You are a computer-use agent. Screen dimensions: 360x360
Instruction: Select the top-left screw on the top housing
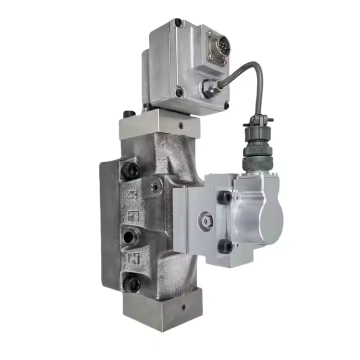[177, 23]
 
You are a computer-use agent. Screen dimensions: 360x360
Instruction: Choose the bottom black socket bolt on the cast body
[132, 284]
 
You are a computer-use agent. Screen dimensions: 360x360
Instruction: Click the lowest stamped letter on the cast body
[133, 258]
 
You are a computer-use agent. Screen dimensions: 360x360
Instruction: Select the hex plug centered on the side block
[203, 219]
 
